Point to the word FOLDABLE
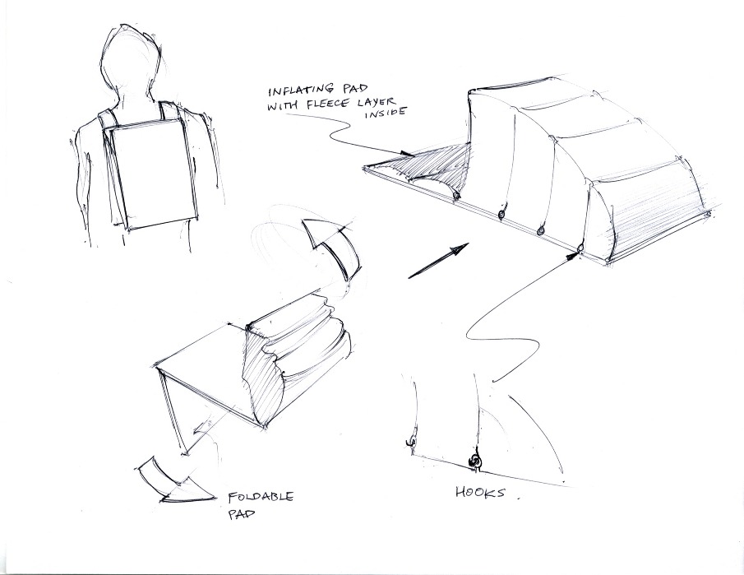tap(261, 498)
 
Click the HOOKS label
tap(480, 493)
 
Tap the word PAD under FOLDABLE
tap(242, 515)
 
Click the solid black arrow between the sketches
tap(438, 260)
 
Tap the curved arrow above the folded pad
tap(332, 247)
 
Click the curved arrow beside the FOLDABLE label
tap(177, 480)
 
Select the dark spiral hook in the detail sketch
tap(474, 461)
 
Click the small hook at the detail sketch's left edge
tap(411, 442)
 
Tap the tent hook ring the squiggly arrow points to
tap(580, 248)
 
